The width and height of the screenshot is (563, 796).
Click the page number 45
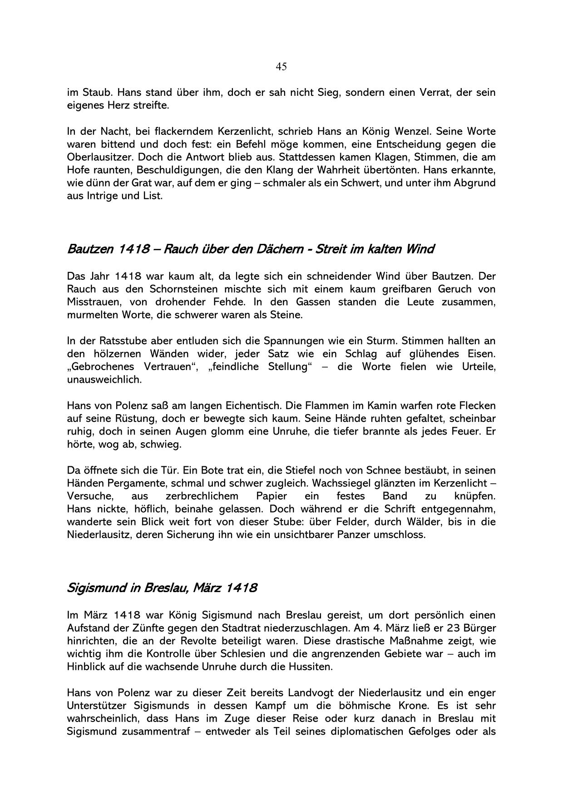pos(281,67)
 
